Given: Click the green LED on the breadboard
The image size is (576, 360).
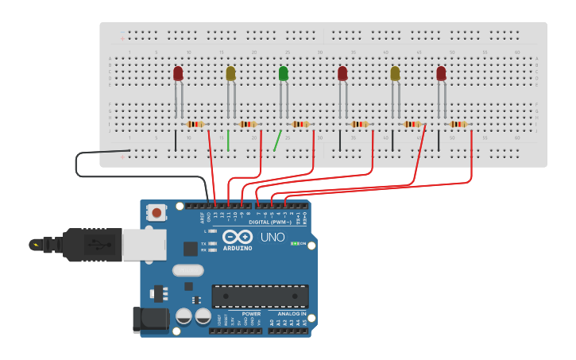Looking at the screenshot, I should point(284,74).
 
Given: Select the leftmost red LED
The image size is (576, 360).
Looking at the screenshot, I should point(178,74).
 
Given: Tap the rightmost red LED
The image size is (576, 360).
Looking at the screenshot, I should point(441,74).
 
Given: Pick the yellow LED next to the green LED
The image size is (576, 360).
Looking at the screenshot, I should point(230,74).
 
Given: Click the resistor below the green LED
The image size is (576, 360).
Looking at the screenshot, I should point(300,124).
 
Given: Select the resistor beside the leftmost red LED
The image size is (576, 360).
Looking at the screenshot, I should point(195,124).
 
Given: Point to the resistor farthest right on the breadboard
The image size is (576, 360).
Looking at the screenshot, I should point(458,124).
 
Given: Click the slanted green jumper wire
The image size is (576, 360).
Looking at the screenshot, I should point(277,141).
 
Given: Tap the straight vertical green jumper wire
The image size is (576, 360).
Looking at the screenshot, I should point(228,141).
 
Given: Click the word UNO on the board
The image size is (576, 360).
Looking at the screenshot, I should point(273,237).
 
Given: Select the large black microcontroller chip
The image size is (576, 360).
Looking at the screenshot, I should point(260,296).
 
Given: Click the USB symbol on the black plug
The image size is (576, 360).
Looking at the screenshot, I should point(35,244).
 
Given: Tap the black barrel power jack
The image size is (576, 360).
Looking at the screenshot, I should point(151,319).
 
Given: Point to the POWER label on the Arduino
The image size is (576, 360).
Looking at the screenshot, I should point(251,313).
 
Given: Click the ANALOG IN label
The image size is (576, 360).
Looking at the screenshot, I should point(292,313).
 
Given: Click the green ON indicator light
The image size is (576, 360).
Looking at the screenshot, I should point(294,243).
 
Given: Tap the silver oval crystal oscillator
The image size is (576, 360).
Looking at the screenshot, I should point(188,270).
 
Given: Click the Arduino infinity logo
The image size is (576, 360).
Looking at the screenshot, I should point(238,236).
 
